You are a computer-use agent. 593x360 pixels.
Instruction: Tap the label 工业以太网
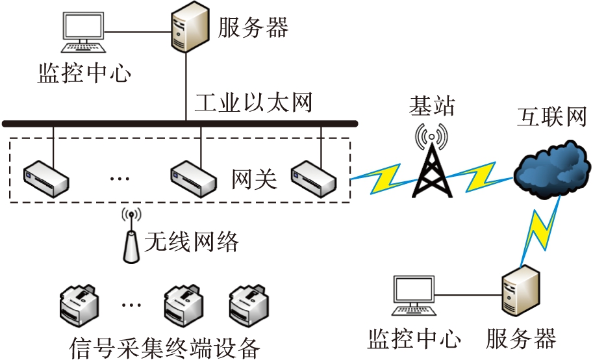(255, 103)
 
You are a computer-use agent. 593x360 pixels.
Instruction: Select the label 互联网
(551, 118)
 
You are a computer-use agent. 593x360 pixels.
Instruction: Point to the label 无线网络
(192, 242)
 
